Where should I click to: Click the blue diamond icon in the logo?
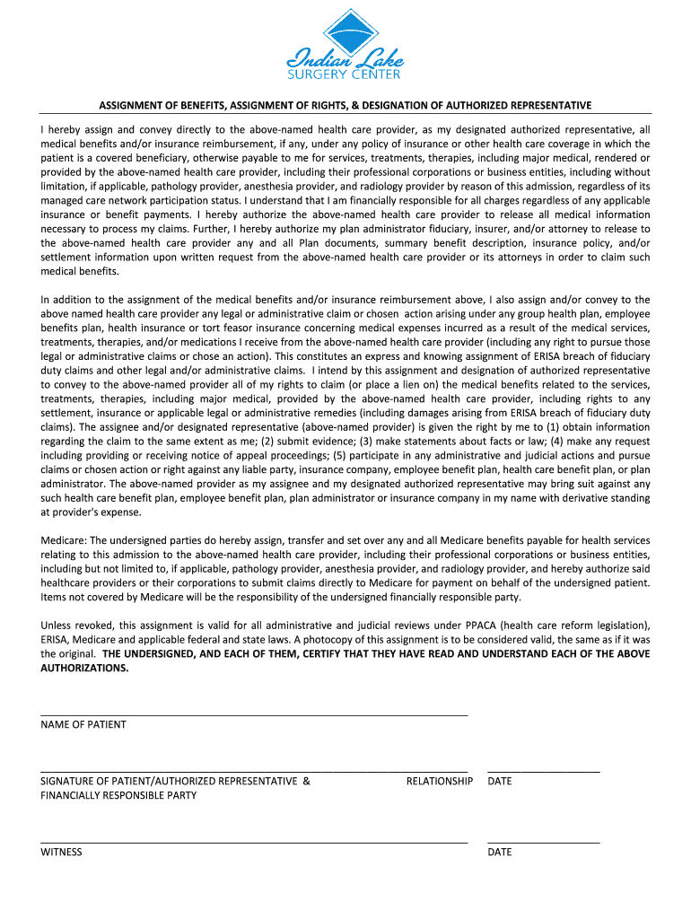click(345, 32)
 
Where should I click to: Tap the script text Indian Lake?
click(345, 61)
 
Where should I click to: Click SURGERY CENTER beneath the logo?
click(345, 74)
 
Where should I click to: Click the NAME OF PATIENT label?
click(83, 724)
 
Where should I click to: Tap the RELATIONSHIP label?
click(439, 781)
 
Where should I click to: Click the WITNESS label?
click(61, 852)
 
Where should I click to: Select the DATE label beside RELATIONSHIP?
click(500, 781)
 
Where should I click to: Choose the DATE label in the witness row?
click(500, 852)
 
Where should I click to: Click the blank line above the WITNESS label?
click(254, 843)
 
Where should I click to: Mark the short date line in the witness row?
click(543, 843)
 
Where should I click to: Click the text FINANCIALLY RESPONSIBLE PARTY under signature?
click(118, 795)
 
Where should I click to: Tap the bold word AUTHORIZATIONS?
click(84, 668)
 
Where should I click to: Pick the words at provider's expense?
click(91, 512)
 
